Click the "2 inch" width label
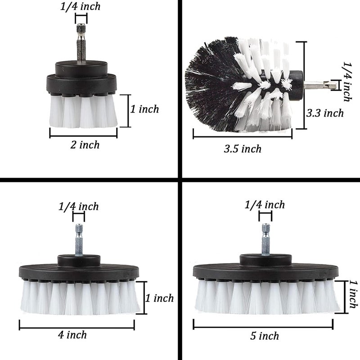coord(85,145)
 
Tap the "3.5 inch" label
coord(243,149)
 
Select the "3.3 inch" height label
coord(325,113)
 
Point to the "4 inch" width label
coord(72,335)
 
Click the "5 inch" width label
coord(265,336)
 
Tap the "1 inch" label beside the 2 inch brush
coord(144,109)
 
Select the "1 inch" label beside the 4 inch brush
coord(160,298)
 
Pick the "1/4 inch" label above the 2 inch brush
coord(81,6)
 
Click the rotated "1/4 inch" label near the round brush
coord(347,81)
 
